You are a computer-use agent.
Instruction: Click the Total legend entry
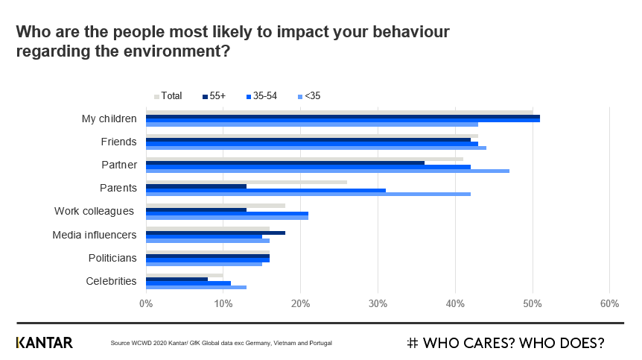click(x=168, y=95)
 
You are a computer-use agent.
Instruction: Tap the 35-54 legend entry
click(x=260, y=95)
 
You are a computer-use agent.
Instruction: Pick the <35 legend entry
click(x=308, y=95)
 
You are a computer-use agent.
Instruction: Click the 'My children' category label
click(x=109, y=119)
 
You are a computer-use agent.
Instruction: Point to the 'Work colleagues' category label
click(x=94, y=211)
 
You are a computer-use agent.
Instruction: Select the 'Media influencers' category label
click(x=94, y=235)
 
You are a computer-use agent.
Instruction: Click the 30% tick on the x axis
click(x=378, y=303)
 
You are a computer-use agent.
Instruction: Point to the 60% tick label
click(x=609, y=303)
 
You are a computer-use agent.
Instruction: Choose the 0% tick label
click(x=146, y=303)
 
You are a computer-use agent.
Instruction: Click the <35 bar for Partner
click(x=328, y=171)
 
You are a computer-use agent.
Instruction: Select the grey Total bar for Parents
click(x=247, y=181)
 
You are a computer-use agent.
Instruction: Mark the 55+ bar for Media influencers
click(x=215, y=233)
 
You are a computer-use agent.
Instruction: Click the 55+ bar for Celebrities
click(x=177, y=279)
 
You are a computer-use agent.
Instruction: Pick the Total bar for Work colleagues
click(x=215, y=205)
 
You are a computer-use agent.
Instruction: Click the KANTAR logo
click(x=44, y=343)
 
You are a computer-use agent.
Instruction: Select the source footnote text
click(x=220, y=343)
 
